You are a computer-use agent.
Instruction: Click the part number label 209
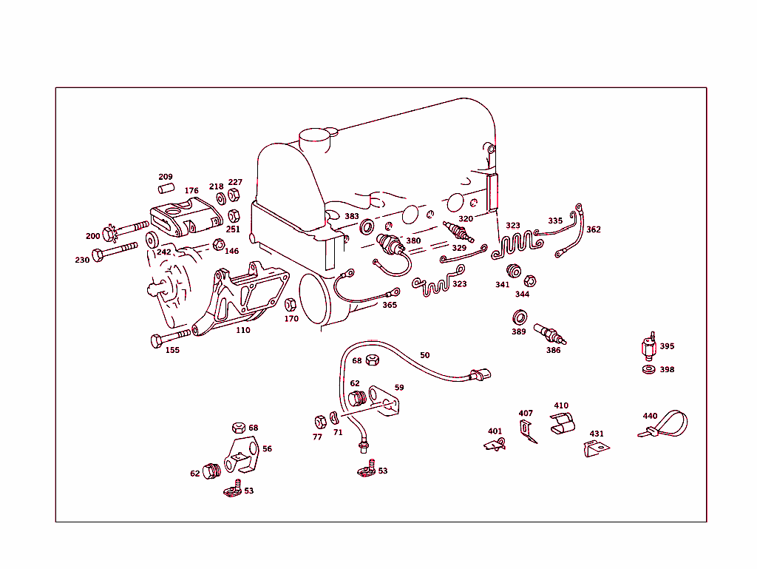(166, 177)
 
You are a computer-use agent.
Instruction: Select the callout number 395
(667, 346)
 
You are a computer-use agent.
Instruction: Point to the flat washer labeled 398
(649, 369)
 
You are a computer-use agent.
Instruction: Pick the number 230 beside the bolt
(82, 260)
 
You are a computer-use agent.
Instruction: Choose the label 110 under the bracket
(242, 330)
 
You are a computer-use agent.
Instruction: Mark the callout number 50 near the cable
(424, 355)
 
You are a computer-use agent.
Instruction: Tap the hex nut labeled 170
(290, 304)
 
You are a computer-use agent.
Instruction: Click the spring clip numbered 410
(564, 424)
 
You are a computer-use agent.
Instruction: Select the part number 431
(596, 434)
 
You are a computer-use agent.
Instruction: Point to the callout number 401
(495, 431)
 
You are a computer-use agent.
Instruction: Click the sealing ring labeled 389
(520, 318)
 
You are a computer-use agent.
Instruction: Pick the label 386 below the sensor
(553, 350)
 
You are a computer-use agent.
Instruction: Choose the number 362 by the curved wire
(594, 229)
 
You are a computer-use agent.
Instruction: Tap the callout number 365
(390, 305)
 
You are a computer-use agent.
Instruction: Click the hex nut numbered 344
(529, 280)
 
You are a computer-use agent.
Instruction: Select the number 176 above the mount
(191, 191)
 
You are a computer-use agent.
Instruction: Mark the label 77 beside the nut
(317, 437)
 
